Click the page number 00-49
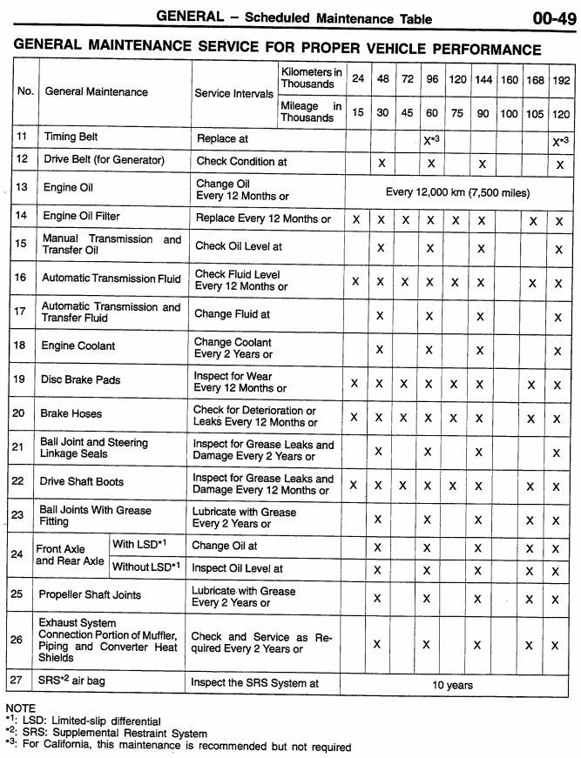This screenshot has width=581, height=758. coord(552,17)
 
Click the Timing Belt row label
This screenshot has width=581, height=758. coord(71,138)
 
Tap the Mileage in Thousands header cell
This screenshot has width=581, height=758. coord(311,111)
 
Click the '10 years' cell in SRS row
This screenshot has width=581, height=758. coord(452,685)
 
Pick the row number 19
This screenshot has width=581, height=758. coord(18,380)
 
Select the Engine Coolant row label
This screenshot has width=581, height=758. coord(78,346)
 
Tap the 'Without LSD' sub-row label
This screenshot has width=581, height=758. coord(146,567)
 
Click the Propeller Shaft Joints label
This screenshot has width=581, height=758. coord(90,595)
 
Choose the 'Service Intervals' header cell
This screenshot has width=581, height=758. coord(233,93)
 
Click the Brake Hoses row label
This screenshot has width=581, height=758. coord(72,414)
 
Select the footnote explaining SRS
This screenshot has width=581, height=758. coord(106,733)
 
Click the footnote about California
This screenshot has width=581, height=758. coord(179,746)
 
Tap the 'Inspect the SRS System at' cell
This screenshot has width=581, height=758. coord(254,683)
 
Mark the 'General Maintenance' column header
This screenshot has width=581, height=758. coord(96,92)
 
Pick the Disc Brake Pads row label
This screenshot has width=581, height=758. coord(82,380)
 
